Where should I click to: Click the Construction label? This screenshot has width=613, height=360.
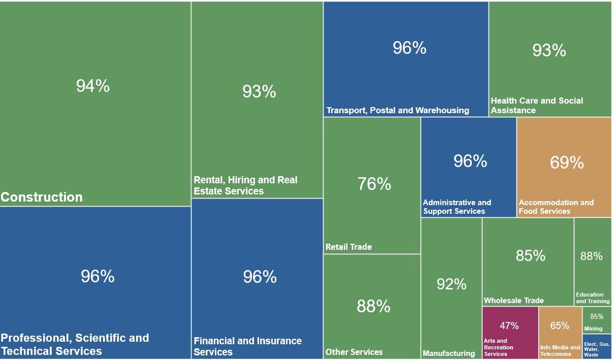tap(42, 197)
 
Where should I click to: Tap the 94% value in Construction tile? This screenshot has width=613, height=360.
tap(93, 86)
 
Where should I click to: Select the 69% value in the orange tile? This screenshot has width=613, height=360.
tap(567, 162)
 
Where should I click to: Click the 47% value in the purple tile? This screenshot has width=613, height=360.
tap(509, 325)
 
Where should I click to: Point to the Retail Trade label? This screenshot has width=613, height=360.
tap(348, 247)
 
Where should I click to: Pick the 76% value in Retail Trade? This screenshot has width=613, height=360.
tap(374, 184)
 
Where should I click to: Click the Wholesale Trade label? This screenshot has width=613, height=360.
tap(513, 300)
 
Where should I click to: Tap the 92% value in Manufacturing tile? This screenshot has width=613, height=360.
tap(451, 284)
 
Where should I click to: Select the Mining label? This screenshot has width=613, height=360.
tap(593, 329)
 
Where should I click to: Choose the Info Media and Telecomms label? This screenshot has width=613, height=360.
tap(560, 351)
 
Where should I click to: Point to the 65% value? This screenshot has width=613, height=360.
tap(560, 325)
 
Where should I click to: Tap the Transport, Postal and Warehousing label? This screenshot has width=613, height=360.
tap(398, 110)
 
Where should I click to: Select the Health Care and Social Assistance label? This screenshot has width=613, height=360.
tap(536, 105)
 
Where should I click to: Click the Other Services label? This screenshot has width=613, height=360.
tap(354, 352)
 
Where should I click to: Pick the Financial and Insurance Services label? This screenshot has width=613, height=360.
tap(247, 346)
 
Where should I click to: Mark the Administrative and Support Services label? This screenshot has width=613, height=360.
tap(457, 207)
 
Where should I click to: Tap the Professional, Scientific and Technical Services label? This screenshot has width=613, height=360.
tap(75, 344)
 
